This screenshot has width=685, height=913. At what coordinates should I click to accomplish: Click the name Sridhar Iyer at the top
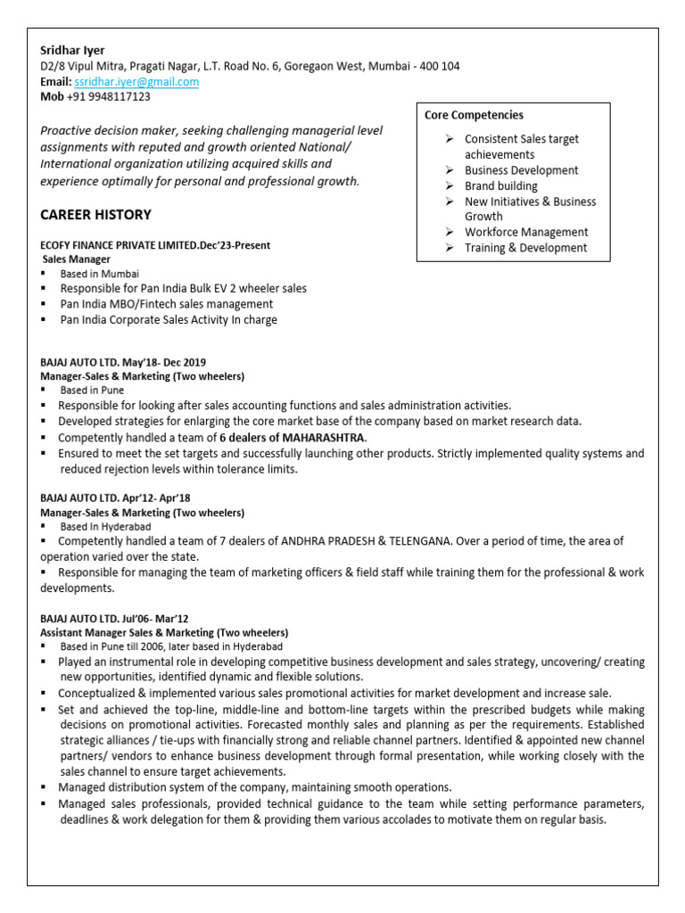(72, 50)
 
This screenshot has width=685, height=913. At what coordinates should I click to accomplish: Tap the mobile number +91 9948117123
(108, 96)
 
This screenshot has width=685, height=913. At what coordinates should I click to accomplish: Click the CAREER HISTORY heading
(95, 215)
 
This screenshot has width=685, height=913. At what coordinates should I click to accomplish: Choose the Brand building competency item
(500, 185)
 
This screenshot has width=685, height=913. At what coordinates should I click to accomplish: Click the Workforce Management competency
(526, 232)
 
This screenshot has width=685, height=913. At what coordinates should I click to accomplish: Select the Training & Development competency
(525, 248)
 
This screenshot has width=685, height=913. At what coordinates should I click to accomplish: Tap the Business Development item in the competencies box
(521, 170)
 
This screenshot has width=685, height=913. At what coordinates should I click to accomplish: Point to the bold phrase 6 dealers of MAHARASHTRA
(293, 438)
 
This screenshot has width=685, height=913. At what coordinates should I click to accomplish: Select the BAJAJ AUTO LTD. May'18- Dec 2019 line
(123, 362)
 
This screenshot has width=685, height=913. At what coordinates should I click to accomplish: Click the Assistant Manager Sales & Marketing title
(164, 631)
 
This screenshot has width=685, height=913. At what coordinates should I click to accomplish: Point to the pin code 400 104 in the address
(437, 66)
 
